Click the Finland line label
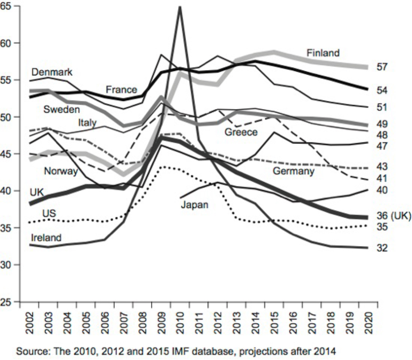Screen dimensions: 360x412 coord(323,53)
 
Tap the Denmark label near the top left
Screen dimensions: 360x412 coord(52,72)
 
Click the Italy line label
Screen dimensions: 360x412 coord(87,122)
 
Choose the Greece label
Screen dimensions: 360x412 coord(241,132)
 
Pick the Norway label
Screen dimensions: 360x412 coord(61,171)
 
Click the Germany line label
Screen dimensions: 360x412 coord(293,171)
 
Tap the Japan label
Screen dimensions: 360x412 coord(195,204)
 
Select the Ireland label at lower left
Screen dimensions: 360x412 coord(46,237)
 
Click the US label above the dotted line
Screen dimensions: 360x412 coord(49,213)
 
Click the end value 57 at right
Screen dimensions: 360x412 coord(382,67)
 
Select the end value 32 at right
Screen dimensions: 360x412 coord(382,248)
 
